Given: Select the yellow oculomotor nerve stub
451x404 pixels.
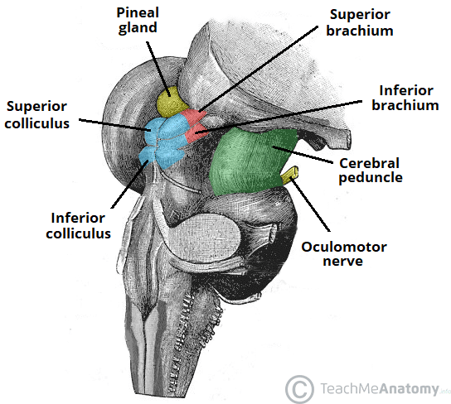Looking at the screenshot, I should click(290, 175).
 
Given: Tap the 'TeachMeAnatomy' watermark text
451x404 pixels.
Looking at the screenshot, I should click(371, 387).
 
